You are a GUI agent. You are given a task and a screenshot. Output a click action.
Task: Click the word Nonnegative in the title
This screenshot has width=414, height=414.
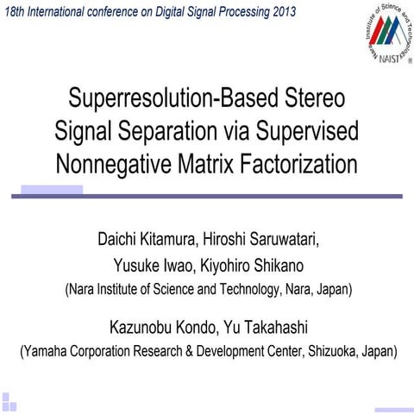[x=111, y=162]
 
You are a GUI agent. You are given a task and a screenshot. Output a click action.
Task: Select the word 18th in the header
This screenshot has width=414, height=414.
[x=17, y=10]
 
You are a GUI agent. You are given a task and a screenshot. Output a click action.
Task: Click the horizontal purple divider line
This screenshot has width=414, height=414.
[x=207, y=196]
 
